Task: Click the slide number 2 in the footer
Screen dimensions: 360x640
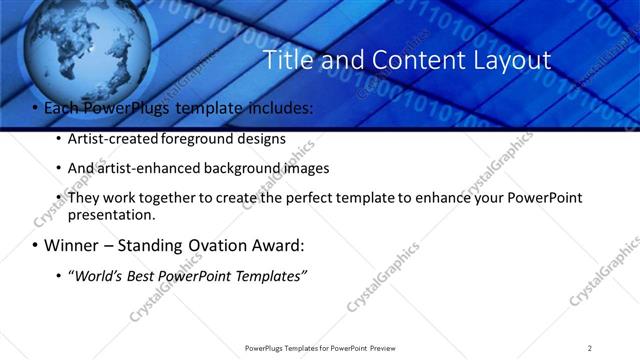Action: [589, 348]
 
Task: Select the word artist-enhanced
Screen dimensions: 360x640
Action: [143, 168]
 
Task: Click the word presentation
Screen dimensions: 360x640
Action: [111, 215]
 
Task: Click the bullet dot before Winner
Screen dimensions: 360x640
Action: [36, 246]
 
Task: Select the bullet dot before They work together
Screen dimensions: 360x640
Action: [59, 198]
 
